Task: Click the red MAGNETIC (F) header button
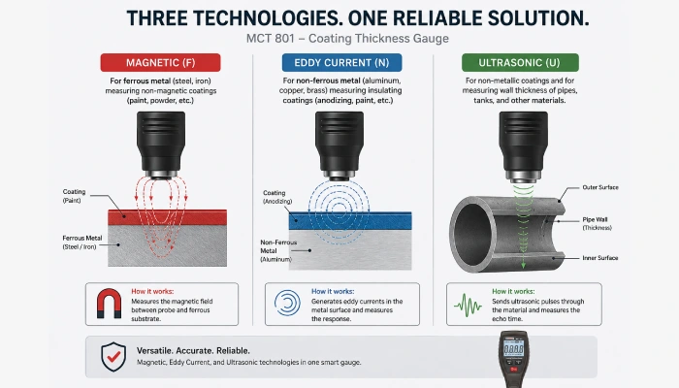(161, 63)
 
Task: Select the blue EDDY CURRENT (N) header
(341, 63)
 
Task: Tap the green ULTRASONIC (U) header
(520, 63)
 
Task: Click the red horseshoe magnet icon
(109, 304)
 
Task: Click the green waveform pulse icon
(468, 305)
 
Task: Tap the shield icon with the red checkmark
(113, 356)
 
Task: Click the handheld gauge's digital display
(513, 348)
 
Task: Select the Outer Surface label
(600, 187)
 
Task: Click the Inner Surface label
(600, 258)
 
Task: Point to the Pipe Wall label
(597, 223)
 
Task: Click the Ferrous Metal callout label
(82, 242)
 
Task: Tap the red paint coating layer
(167, 217)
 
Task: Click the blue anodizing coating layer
(350, 221)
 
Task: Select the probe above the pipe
(524, 145)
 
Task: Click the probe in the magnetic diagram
(161, 145)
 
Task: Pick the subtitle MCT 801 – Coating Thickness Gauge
(347, 39)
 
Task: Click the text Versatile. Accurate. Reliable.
(193, 351)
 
